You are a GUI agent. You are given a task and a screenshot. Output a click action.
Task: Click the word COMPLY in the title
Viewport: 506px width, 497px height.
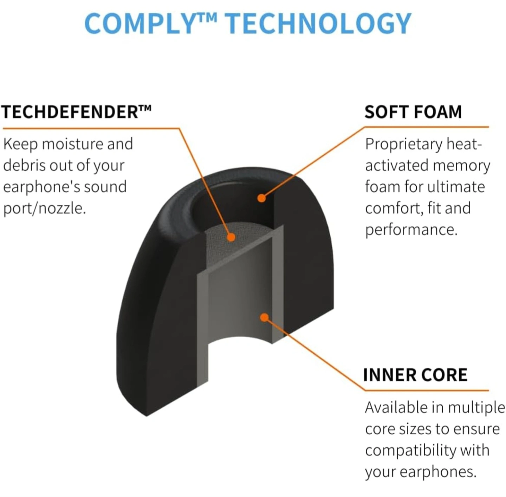coord(144,24)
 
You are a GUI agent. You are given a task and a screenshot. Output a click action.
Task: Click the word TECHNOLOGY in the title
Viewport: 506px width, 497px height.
coord(318,24)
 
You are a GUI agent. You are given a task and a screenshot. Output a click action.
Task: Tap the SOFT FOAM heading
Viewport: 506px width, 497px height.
coord(413,112)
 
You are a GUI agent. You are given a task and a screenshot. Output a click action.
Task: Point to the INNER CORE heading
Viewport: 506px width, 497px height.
coord(415,375)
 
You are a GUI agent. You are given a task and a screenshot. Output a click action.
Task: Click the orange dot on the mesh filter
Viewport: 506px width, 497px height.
coord(231,237)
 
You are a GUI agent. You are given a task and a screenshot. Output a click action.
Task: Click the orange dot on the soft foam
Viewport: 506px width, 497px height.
coord(261,198)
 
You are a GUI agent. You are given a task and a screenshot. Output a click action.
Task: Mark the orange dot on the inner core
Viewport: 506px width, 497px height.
coord(264,318)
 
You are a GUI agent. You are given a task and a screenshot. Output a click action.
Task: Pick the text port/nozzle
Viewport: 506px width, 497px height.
coord(45,208)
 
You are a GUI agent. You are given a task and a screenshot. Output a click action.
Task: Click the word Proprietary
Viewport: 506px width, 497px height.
coord(403,145)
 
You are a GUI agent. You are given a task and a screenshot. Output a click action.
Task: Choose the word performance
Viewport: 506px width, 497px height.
coord(411,230)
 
